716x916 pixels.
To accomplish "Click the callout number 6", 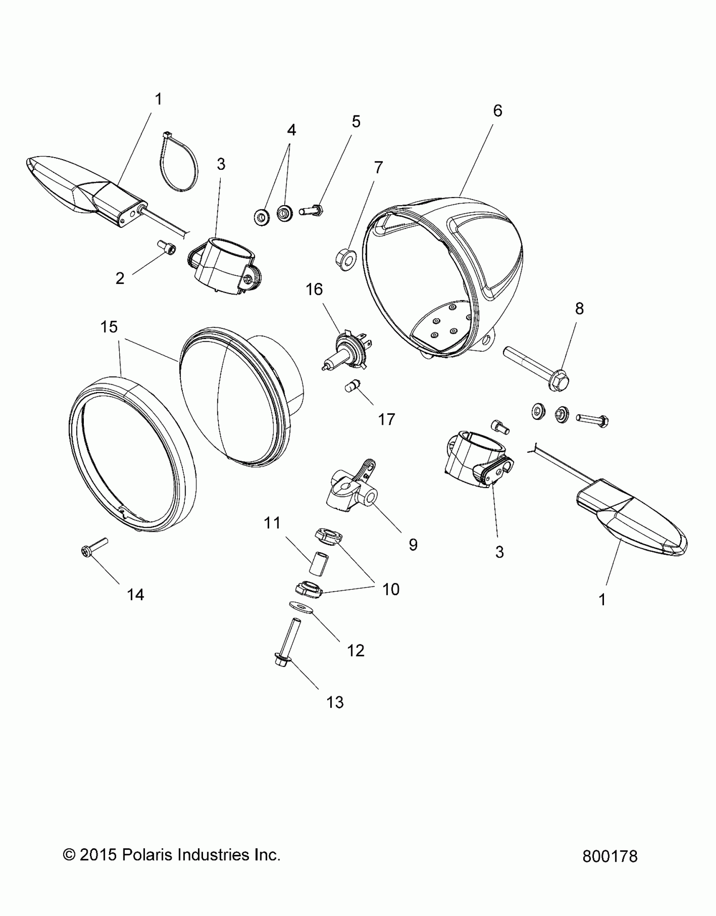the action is (x=497, y=111).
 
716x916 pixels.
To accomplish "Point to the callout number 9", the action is (x=413, y=545).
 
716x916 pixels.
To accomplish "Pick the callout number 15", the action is (x=109, y=327).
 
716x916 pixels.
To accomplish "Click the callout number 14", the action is (x=136, y=595).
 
